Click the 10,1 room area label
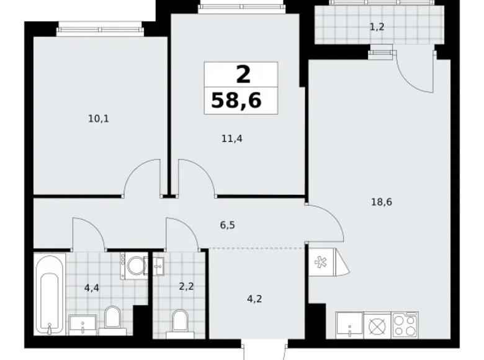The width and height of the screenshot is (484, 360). tap(99, 117)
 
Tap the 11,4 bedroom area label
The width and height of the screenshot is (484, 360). tap(232, 138)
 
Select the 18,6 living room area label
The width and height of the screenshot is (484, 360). tap(381, 201)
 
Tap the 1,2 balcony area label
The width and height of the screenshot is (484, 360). tap(377, 27)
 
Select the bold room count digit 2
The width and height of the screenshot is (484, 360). tap(242, 74)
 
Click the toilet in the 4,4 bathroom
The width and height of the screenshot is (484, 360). tap(112, 317)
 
